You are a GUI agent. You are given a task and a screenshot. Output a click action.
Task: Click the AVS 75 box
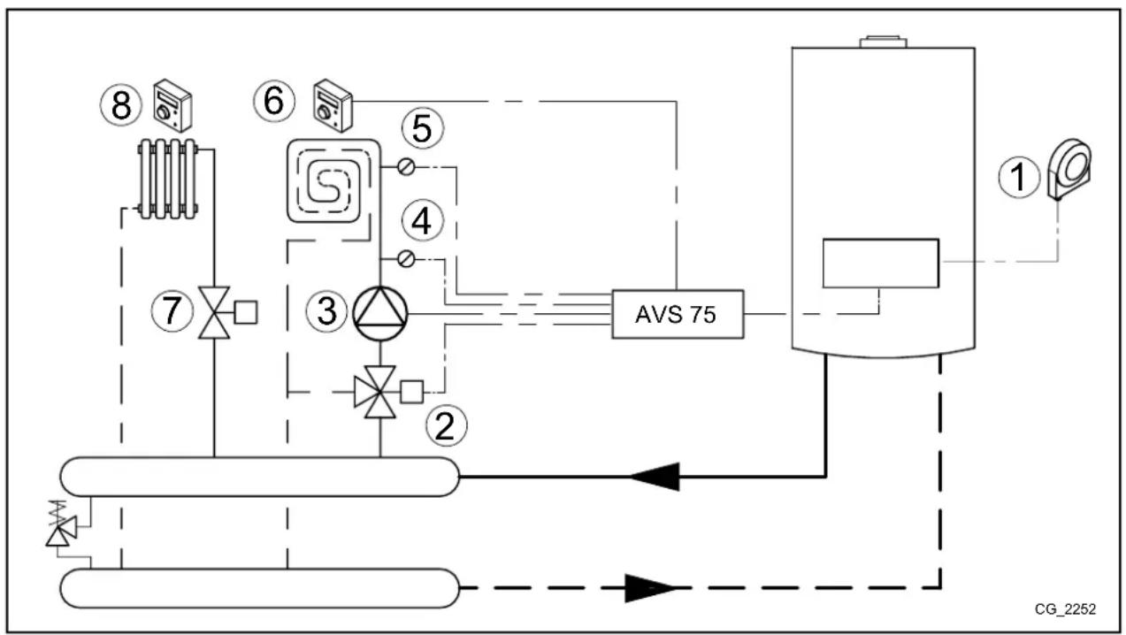(x=677, y=316)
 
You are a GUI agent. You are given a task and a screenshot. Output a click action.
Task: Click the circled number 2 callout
(x=445, y=427)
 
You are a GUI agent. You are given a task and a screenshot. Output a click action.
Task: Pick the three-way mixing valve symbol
(x=379, y=390)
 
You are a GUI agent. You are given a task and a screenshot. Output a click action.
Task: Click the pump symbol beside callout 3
(x=379, y=314)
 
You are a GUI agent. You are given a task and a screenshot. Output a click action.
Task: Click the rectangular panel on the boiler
(x=879, y=263)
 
